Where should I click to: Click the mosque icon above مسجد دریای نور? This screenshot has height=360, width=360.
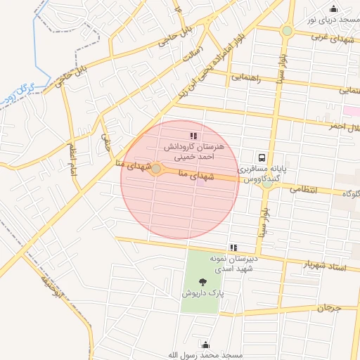333,9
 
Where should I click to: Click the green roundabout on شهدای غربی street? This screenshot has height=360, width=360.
287,31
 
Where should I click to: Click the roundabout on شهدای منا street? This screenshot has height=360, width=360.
156,169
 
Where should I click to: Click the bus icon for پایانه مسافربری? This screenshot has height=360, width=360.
262,158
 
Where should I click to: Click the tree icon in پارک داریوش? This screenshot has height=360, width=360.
204,282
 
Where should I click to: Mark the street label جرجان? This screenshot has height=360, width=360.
328,308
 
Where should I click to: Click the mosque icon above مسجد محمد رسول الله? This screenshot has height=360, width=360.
205,345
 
